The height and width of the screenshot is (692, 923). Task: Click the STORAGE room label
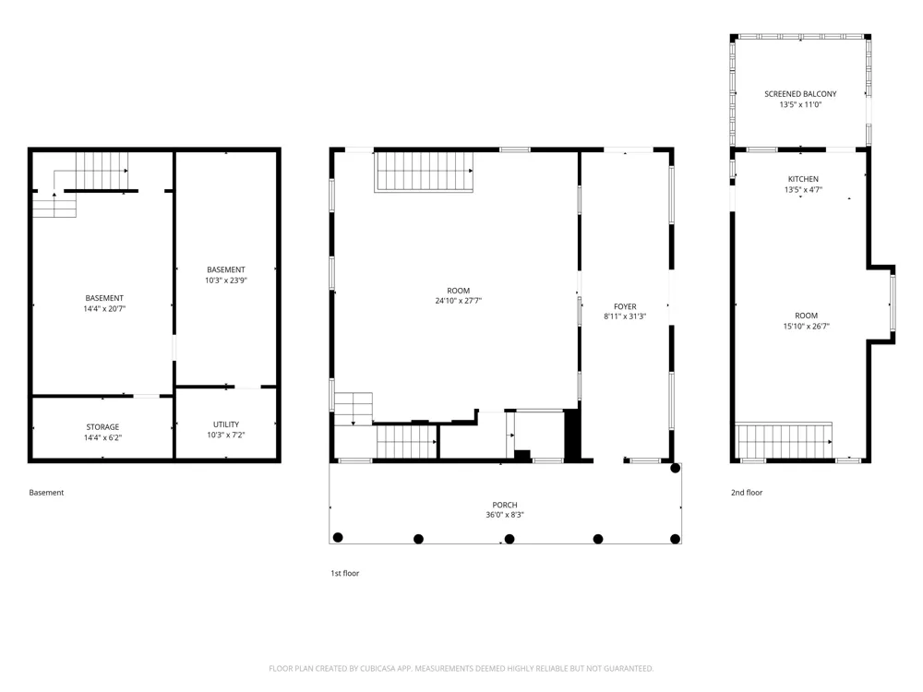tap(103, 427)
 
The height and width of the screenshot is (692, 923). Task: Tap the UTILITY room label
tap(226, 424)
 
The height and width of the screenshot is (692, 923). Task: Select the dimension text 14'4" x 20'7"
tap(105, 309)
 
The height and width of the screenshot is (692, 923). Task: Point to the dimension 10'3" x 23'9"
tap(226, 280)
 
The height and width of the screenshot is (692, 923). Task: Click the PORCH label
tap(505, 505)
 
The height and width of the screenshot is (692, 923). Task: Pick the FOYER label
tap(625, 306)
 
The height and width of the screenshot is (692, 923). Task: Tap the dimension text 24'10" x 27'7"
tap(459, 301)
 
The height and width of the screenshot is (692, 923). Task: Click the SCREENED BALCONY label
tap(800, 94)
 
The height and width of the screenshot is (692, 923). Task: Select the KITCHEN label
tap(804, 180)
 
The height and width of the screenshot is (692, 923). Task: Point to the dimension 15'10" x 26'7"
tap(807, 327)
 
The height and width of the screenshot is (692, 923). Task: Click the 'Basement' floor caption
tap(46, 493)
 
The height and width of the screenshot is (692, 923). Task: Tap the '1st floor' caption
tap(345, 574)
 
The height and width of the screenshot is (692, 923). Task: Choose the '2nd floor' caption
tap(747, 493)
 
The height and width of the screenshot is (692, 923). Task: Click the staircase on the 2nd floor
tap(785, 441)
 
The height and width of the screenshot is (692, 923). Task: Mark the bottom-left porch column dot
tap(338, 537)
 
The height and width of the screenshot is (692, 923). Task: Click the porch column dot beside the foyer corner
tap(676, 469)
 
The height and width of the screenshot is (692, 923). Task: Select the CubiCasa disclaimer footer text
tap(461, 669)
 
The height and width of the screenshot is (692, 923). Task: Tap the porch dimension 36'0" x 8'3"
tap(505, 515)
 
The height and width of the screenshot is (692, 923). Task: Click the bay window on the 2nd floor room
tap(893, 304)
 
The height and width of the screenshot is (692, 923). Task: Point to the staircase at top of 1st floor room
tap(425, 172)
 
